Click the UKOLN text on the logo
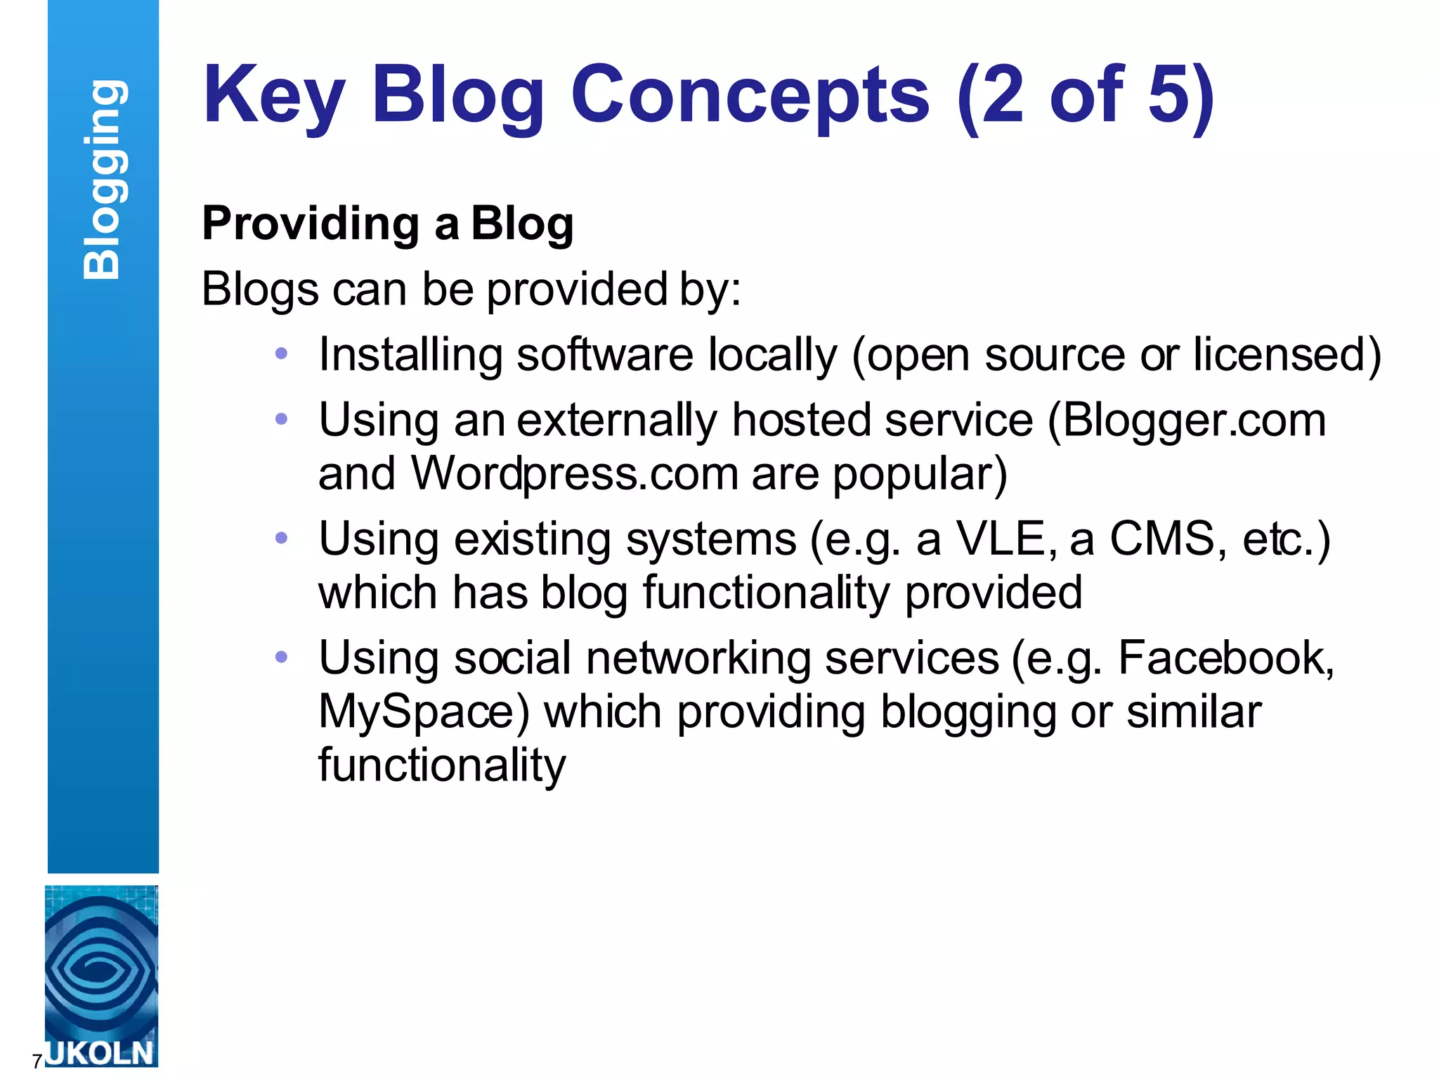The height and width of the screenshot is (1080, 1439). tap(100, 1053)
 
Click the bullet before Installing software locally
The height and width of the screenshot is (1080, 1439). tap(282, 354)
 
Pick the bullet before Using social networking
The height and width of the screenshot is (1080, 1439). tap(282, 657)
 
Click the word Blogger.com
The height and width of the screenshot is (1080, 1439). tap(1193, 420)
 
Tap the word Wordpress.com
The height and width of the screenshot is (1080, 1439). tap(574, 474)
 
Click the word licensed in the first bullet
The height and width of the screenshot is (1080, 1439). tap(1279, 354)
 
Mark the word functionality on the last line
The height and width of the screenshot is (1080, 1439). tap(441, 765)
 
